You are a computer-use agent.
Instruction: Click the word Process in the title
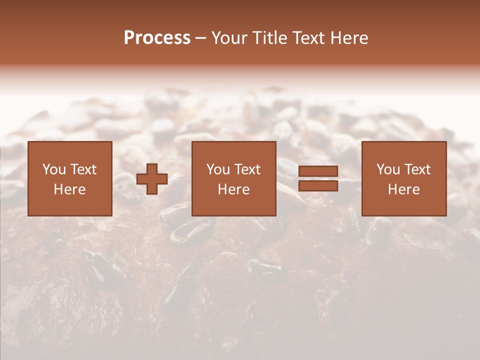tap(157, 38)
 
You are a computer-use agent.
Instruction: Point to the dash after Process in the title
tap(201, 38)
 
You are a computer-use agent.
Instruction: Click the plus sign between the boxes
tap(152, 179)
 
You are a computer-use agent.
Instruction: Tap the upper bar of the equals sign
tap(318, 171)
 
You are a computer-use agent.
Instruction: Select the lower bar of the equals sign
tap(318, 186)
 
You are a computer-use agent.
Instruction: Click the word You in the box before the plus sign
tap(53, 169)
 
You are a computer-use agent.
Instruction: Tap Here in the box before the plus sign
tap(69, 189)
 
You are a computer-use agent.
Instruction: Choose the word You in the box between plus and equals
tap(217, 169)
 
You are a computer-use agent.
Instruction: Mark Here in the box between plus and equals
tap(233, 189)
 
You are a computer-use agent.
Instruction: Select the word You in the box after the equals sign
tap(387, 169)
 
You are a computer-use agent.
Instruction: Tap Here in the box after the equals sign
tap(403, 189)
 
